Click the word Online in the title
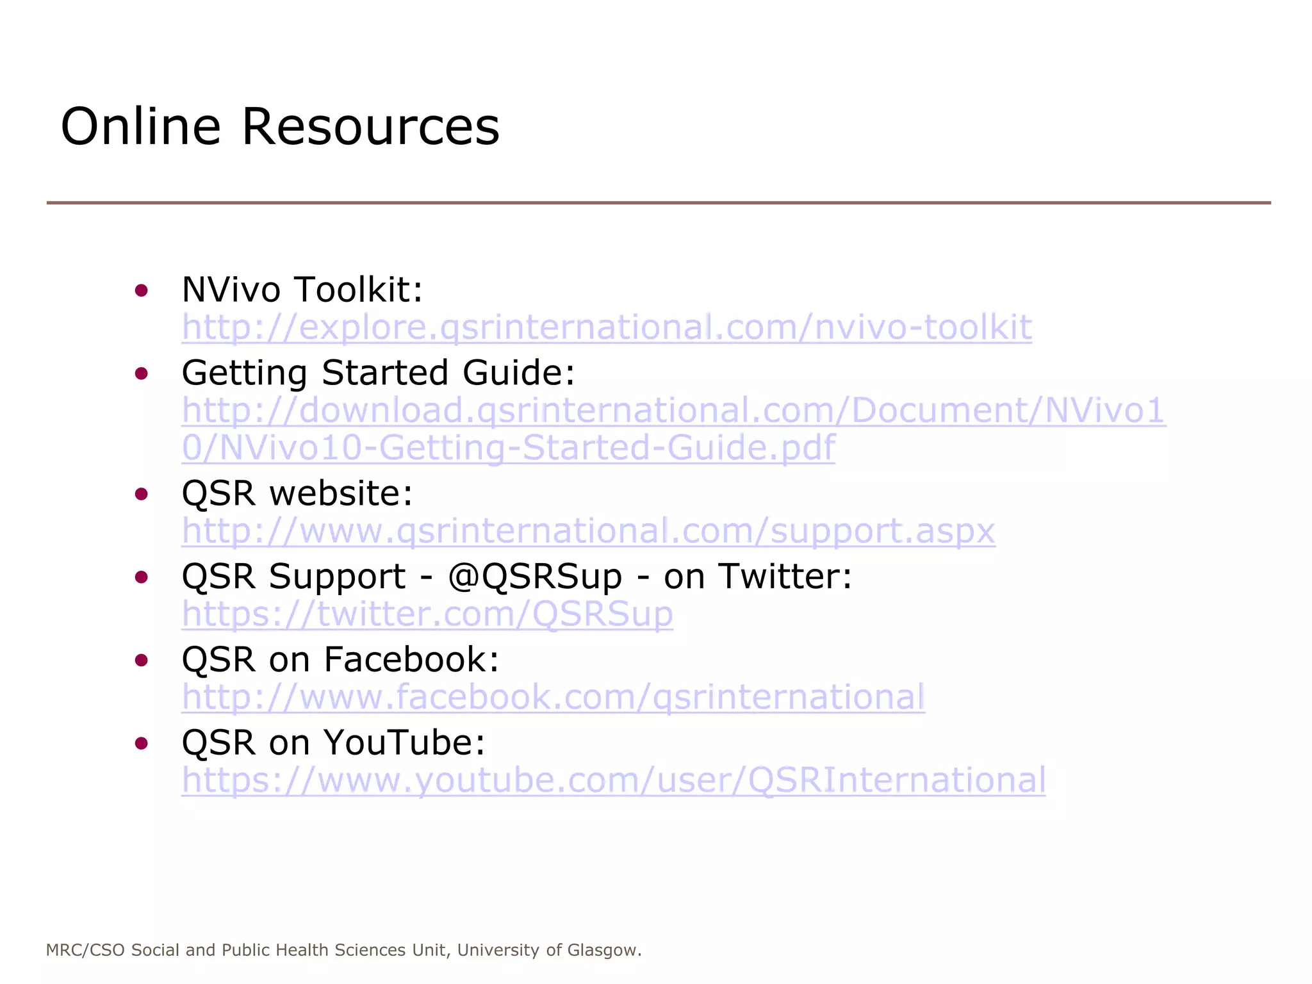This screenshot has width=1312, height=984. click(x=140, y=126)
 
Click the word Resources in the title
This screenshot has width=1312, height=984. click(x=370, y=126)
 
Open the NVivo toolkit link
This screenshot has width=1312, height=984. click(x=606, y=327)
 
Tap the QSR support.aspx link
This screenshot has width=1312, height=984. click(x=588, y=531)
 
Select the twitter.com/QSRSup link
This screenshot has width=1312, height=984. click(x=427, y=614)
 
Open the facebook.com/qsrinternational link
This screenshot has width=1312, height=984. click(x=553, y=697)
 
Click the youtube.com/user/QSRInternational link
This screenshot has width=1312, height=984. click(x=613, y=780)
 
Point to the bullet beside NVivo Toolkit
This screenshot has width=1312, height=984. click(x=142, y=291)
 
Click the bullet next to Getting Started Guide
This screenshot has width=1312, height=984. click(x=142, y=373)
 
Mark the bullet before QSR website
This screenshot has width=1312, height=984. click(x=142, y=494)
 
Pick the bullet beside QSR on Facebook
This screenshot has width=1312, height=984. click(x=142, y=660)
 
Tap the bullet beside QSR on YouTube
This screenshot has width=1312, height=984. click(x=142, y=743)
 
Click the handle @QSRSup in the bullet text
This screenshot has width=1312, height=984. click(x=535, y=577)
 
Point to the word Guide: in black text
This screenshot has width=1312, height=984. click(x=519, y=373)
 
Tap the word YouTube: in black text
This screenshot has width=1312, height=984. click(x=404, y=742)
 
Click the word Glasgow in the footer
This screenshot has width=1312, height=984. click(x=604, y=950)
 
